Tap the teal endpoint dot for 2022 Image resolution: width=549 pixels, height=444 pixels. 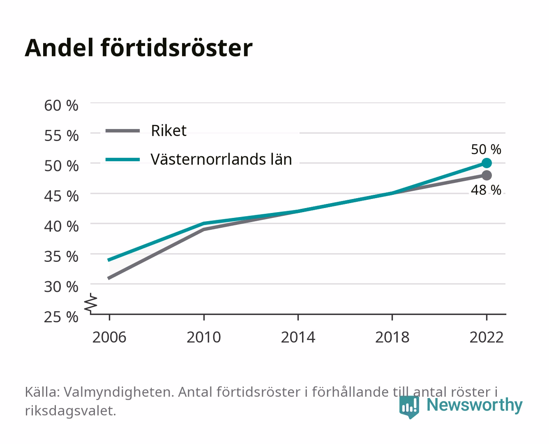(487, 163)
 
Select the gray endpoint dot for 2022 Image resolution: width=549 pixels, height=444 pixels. (487, 175)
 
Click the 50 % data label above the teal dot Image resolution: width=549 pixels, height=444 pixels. (486, 149)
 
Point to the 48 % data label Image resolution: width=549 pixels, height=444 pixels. (486, 190)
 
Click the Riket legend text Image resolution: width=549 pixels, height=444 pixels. (168, 130)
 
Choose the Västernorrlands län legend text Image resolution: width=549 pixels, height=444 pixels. (221, 159)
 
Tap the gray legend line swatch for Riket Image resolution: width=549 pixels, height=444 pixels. (123, 131)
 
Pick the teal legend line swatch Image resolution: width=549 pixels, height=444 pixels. (123, 160)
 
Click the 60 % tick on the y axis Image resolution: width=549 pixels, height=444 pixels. (61, 106)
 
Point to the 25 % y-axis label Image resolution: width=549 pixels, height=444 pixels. (61, 317)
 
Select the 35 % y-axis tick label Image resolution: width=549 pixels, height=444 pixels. (61, 257)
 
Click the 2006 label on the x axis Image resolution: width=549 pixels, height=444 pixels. (109, 337)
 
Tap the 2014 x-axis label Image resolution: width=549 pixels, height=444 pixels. (298, 337)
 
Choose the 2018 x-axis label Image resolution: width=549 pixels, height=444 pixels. (392, 337)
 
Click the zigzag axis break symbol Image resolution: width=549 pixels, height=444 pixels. (91, 303)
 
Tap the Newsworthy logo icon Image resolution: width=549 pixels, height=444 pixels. (409, 407)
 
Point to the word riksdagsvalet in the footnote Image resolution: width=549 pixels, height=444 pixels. (70, 411)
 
